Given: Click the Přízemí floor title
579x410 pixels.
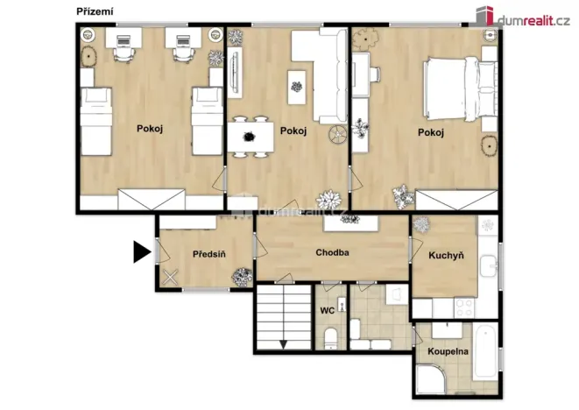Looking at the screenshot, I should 94,11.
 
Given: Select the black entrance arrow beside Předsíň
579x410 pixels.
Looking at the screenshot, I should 141,253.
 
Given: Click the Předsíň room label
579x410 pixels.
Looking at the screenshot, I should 209,254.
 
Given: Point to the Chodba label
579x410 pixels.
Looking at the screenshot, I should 333,252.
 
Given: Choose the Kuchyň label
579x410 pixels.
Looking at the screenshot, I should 446,256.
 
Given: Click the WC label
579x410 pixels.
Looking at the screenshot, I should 328,310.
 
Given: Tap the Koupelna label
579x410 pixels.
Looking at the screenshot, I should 448,350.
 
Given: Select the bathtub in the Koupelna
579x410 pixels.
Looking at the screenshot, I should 485,350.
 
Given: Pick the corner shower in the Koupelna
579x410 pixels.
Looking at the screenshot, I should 432,378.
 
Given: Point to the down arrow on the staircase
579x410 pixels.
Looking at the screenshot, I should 283,343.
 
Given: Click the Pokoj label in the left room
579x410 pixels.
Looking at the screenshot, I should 150,129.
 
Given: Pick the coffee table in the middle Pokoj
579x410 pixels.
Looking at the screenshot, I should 296,87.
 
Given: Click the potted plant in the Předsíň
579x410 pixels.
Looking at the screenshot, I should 239,277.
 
